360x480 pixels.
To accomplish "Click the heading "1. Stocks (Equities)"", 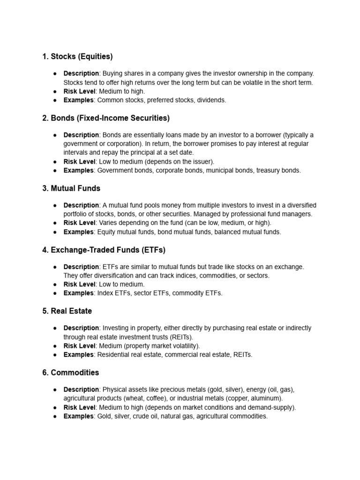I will (77, 57).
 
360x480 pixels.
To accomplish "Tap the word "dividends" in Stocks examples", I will (211, 100).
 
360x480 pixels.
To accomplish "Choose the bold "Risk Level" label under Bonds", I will (79, 161).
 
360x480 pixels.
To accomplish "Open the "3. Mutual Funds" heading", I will (71, 188).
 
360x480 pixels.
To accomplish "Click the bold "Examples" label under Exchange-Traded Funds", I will (79, 293).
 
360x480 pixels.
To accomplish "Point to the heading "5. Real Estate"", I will (67, 311).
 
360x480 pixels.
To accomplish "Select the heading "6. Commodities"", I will (71, 373).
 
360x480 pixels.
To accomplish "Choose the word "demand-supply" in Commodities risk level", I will (272, 407).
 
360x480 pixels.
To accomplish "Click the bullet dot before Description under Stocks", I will (55, 74).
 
